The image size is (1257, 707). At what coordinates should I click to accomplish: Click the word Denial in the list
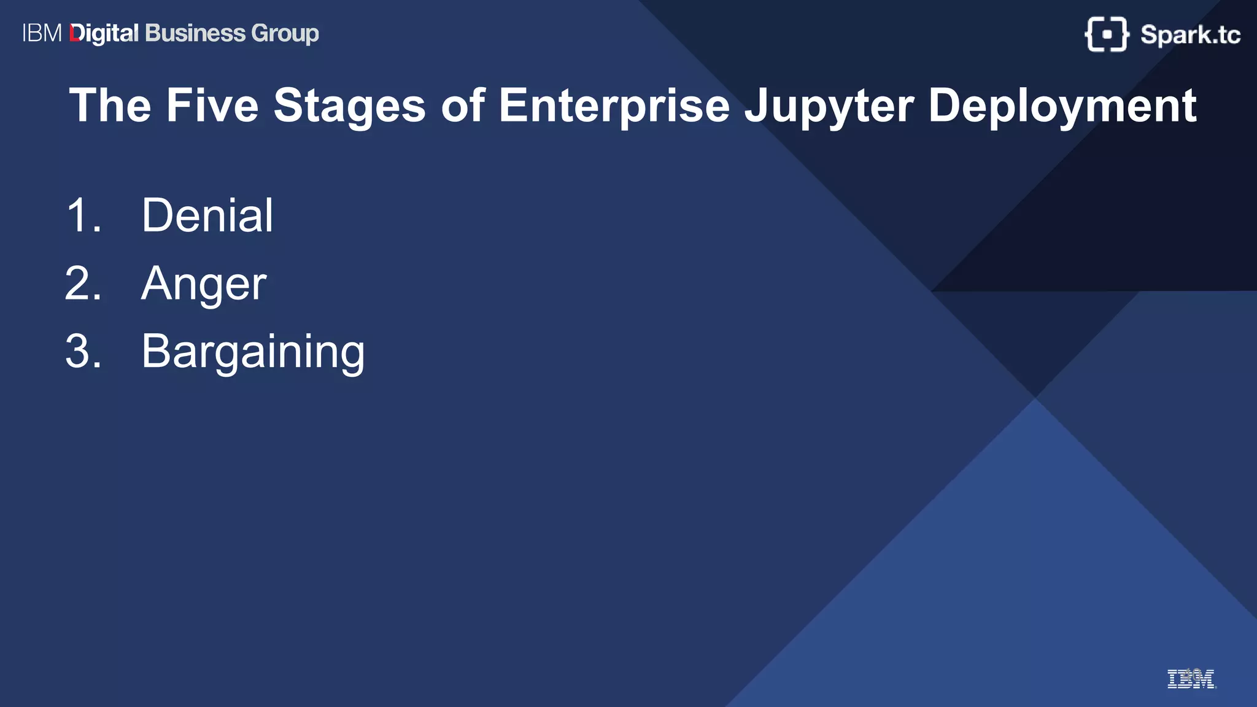207,215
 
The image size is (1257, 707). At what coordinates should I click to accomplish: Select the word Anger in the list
204,284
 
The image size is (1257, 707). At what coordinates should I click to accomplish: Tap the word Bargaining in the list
253,352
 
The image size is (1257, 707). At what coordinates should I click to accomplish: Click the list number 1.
83,215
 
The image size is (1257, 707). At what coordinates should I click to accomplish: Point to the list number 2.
83,284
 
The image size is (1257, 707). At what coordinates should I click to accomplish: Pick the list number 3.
83,352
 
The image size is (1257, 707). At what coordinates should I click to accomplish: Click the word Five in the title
212,106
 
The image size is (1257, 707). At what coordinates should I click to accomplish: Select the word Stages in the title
349,106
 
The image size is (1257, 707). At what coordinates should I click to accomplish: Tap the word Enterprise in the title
614,106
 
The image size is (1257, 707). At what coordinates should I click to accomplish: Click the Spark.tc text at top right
1190,35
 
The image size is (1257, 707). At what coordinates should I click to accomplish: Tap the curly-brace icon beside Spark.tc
1106,34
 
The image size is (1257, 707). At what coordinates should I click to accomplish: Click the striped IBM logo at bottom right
1191,679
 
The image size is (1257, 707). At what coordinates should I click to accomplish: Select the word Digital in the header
104,34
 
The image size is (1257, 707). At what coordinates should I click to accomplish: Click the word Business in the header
195,33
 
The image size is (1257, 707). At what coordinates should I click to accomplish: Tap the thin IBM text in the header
42,33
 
